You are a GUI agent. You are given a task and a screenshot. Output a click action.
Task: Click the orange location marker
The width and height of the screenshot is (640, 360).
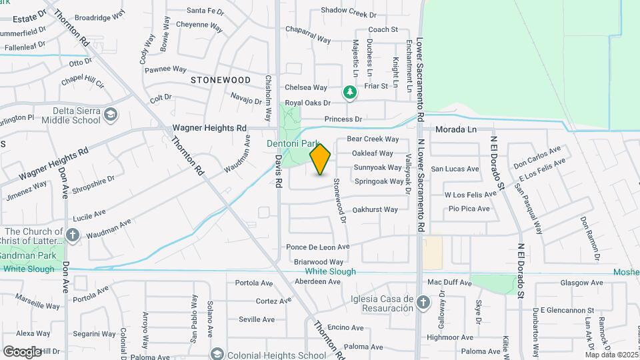click(x=321, y=159)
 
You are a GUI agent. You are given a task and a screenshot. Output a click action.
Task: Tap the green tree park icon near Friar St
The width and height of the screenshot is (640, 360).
click(x=349, y=93)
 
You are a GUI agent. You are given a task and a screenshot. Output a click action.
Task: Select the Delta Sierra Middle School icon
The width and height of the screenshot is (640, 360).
click(x=109, y=117)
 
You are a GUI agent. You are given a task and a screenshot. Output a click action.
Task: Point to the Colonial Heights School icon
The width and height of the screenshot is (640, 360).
click(x=217, y=354)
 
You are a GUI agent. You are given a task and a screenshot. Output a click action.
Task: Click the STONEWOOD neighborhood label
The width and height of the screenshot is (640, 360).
click(x=221, y=80)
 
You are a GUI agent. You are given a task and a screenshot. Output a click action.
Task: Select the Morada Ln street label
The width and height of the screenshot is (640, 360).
click(x=457, y=129)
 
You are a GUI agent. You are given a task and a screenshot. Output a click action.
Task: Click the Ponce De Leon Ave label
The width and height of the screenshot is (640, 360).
click(x=317, y=247)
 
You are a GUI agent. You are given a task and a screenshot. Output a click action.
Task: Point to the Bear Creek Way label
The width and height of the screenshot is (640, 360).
click(x=373, y=139)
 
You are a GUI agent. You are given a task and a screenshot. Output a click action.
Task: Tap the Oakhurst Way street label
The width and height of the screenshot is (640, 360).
click(x=375, y=209)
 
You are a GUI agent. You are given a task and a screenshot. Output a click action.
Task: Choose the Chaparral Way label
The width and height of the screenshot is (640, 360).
click(x=308, y=35)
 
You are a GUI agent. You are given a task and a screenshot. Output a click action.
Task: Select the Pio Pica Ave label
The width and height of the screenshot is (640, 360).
click(x=469, y=209)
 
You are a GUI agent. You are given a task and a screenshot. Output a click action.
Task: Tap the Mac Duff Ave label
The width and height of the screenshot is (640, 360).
click(x=449, y=283)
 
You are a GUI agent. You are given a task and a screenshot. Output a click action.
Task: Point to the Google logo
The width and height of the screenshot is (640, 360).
click(x=23, y=351)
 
